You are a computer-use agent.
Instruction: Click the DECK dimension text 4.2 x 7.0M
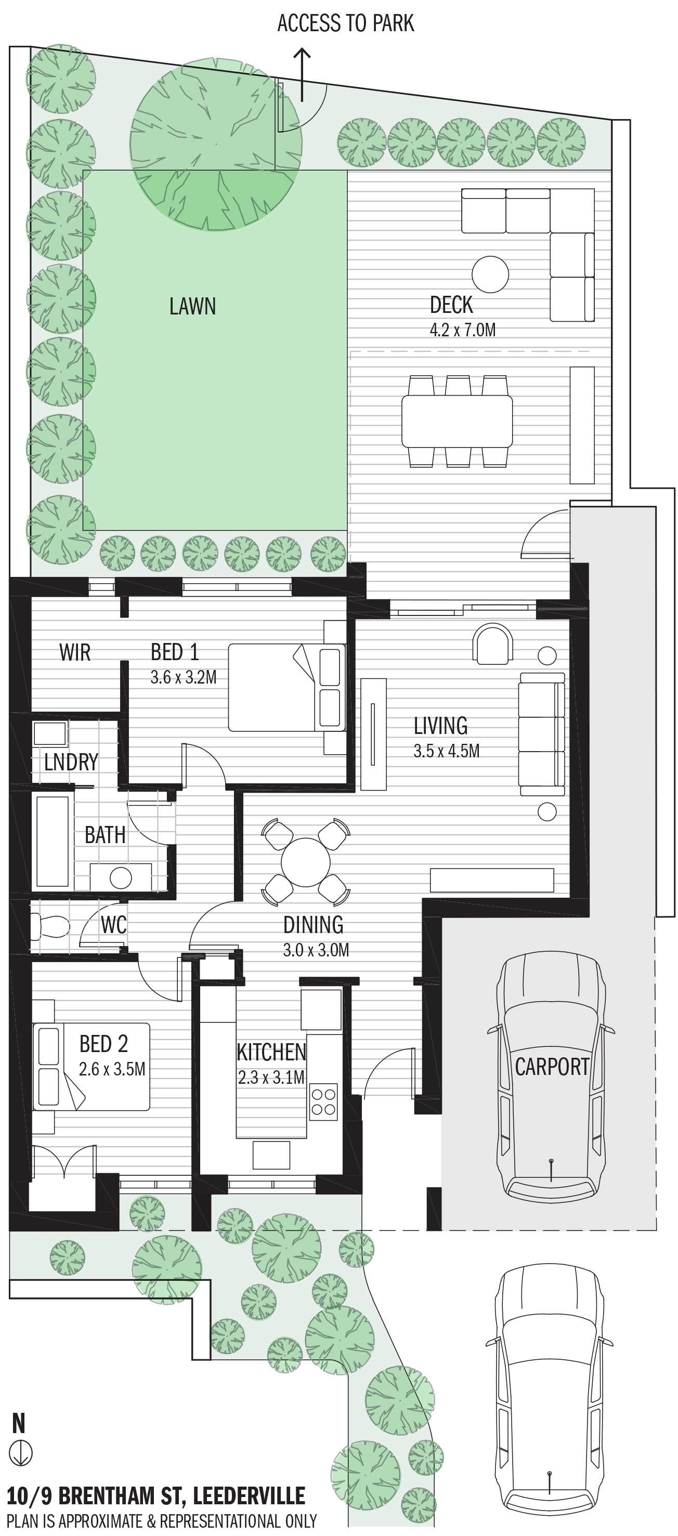point(463,330)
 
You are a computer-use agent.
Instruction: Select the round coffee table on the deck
point(490,274)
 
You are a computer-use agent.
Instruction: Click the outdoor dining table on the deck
point(457,422)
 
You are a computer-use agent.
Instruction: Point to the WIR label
point(75,652)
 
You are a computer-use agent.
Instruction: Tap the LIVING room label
point(441,726)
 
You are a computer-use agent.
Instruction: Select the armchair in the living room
point(492,644)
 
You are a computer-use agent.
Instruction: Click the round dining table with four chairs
point(305,861)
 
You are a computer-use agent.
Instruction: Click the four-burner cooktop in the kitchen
point(324,1101)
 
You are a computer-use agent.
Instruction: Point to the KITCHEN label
point(271,1053)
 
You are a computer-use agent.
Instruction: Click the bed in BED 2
point(91,1066)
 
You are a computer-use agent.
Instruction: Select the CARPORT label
point(552,1067)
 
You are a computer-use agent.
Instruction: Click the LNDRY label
point(71,762)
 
